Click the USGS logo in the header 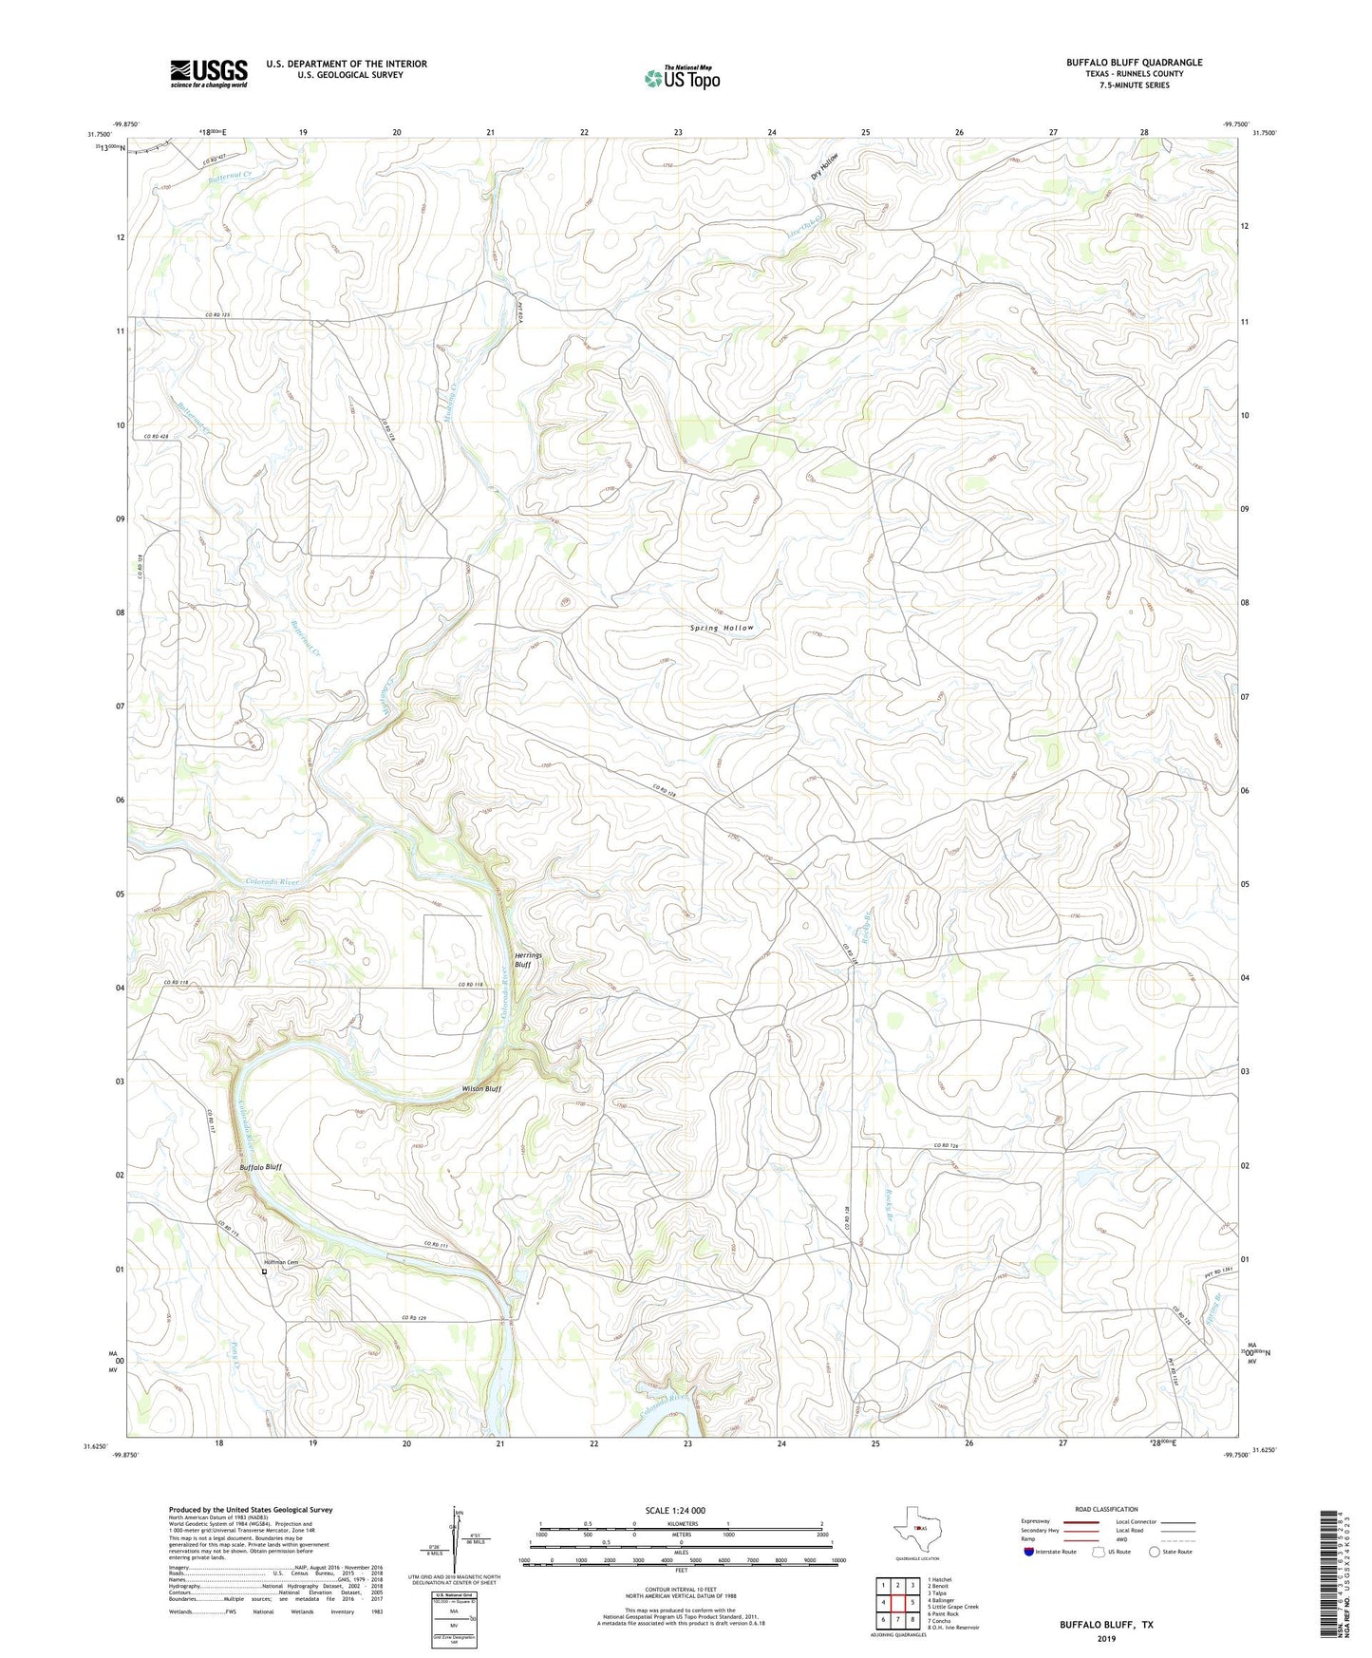pos(209,73)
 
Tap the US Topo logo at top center pos(682,78)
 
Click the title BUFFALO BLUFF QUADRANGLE pos(1134,63)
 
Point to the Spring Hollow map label pos(722,628)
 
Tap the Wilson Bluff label pos(481,1088)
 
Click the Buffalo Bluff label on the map pos(260,1167)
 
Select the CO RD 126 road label pos(948,1146)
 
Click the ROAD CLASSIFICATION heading pos(1106,1510)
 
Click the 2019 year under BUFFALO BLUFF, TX pos(1106,1638)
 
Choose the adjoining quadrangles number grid pos(897,1604)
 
